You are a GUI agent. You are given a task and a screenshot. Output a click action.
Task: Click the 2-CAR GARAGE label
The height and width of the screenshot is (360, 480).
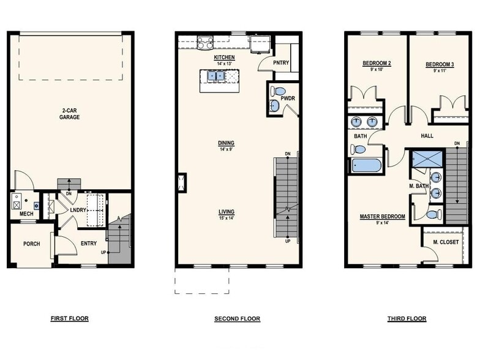pyautogui.click(x=69, y=113)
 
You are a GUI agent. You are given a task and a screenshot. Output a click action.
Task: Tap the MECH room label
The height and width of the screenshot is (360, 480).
pyautogui.click(x=17, y=214)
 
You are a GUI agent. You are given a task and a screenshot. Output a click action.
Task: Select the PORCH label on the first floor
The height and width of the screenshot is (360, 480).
pyautogui.click(x=31, y=244)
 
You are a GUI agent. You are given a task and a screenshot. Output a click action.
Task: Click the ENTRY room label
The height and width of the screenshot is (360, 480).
pyautogui.click(x=89, y=244)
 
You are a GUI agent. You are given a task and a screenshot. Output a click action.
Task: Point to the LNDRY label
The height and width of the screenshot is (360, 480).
pyautogui.click(x=77, y=210)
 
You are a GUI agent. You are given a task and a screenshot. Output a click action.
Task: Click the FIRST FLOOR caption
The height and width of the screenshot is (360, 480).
pyautogui.click(x=69, y=318)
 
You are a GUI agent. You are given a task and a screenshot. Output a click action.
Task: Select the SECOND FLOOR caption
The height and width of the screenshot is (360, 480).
pyautogui.click(x=237, y=318)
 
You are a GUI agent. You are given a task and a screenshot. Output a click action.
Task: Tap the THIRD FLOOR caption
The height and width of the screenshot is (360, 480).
pyautogui.click(x=407, y=318)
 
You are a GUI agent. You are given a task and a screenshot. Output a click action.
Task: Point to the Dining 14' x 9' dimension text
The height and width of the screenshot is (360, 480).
pyautogui.click(x=227, y=149)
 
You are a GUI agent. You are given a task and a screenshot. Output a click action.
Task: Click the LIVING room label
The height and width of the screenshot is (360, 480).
pyautogui.click(x=227, y=212)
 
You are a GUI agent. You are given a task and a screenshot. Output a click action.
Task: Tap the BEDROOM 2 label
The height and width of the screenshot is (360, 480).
pyautogui.click(x=377, y=64)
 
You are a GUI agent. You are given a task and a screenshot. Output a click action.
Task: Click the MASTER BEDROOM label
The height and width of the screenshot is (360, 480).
pyautogui.click(x=382, y=216)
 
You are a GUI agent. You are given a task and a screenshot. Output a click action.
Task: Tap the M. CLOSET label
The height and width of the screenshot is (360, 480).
pyautogui.click(x=446, y=242)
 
